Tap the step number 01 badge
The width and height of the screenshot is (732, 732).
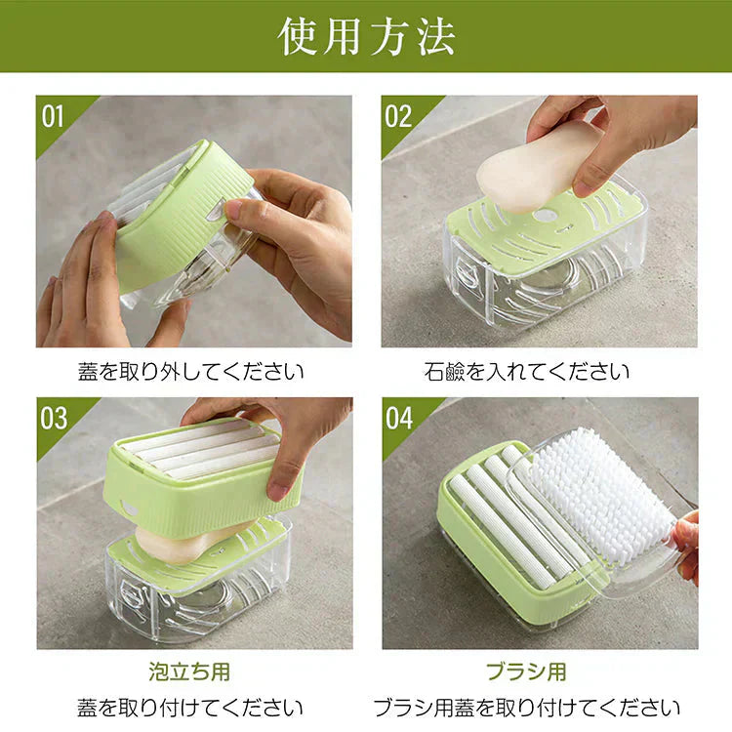click(x=53, y=116)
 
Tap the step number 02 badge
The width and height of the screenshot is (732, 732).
click(x=398, y=116)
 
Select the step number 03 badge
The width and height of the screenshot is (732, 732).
click(x=55, y=418)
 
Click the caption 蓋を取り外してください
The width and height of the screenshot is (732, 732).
click(x=190, y=372)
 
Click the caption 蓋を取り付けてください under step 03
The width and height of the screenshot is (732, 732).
click(x=190, y=708)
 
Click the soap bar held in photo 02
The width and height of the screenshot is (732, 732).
click(x=532, y=166)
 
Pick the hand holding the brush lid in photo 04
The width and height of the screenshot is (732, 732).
click(x=687, y=547)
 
